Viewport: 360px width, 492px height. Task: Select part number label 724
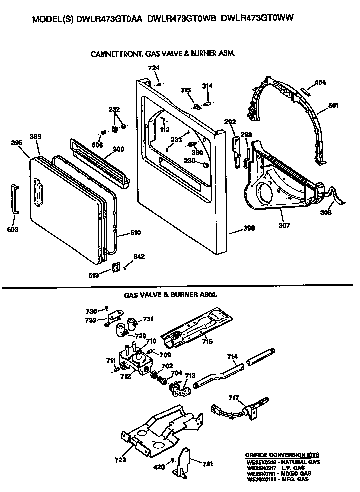click(x=153, y=68)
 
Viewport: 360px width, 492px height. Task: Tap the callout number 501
click(x=334, y=105)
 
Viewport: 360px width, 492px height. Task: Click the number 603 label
click(x=13, y=229)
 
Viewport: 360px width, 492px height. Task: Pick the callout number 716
click(x=207, y=342)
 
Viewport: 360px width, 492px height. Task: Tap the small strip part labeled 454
click(x=306, y=90)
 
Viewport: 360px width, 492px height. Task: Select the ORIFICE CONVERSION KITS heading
click(x=282, y=455)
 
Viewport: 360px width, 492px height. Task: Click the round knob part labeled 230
click(x=205, y=164)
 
